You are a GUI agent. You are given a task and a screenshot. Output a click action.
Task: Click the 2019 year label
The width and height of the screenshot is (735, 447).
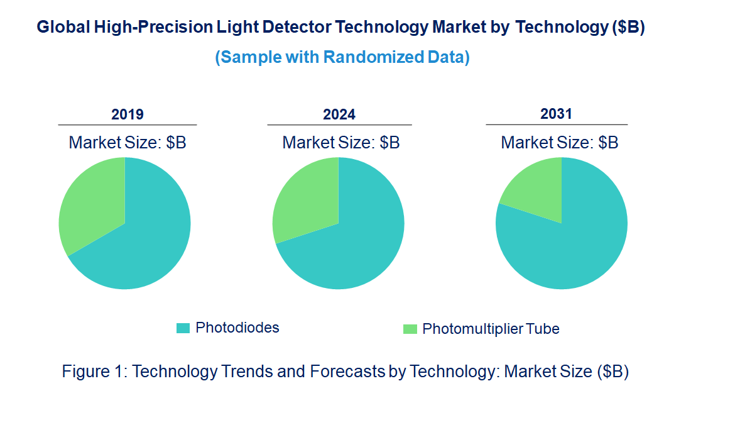(128, 114)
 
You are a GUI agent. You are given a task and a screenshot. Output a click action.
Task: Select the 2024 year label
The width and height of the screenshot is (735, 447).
(339, 114)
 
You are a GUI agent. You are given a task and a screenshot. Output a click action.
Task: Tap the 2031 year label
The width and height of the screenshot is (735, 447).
(557, 114)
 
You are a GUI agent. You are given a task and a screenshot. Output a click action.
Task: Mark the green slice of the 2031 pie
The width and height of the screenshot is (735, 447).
(534, 189)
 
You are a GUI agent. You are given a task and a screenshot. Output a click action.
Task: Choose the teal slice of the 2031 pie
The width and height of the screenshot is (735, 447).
(565, 251)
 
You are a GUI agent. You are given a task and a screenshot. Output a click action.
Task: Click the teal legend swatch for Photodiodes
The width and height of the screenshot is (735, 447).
(183, 328)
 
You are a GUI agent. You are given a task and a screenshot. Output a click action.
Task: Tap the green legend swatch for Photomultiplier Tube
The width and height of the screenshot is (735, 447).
(410, 329)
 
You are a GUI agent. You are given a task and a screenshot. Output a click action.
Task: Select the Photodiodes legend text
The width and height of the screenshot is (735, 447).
(237, 328)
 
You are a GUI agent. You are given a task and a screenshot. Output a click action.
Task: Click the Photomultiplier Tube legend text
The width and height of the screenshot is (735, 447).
(491, 329)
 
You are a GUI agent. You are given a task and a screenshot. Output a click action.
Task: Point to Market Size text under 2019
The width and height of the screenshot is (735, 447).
(128, 143)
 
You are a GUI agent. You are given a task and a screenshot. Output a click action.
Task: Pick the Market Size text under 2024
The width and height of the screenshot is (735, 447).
(341, 143)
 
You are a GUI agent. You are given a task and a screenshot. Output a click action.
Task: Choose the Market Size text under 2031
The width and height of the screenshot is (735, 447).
(560, 143)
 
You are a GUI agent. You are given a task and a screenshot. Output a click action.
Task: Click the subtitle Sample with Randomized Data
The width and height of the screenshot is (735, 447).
(342, 57)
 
